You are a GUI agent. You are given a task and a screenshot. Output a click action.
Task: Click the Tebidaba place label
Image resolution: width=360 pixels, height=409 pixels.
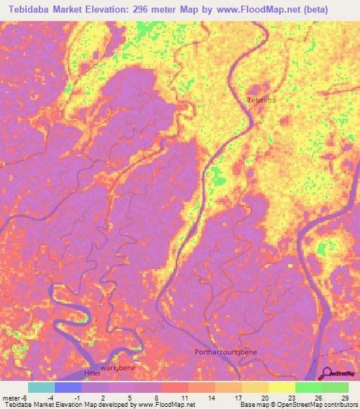261,100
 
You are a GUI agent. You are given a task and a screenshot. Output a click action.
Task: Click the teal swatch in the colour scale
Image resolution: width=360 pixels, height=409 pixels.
41,387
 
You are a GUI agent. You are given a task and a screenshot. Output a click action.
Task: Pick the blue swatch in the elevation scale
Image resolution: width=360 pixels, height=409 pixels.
68,387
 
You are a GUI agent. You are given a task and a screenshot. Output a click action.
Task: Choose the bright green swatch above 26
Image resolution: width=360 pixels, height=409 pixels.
309,387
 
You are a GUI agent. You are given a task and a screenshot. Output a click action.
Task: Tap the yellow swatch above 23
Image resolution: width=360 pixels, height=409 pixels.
282,387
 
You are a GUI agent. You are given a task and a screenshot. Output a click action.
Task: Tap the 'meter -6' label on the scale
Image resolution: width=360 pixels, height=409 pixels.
16,397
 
